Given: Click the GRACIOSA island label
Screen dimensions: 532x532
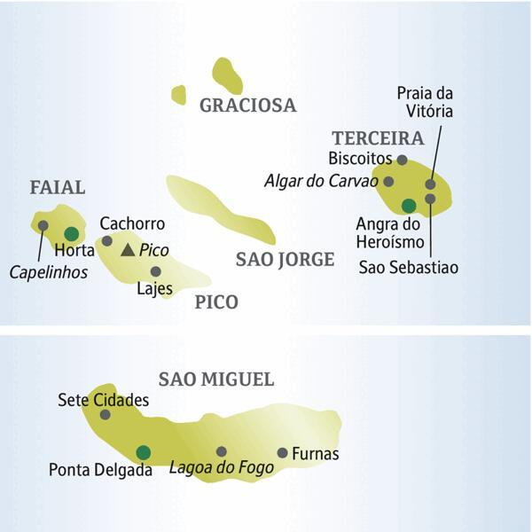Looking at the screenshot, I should coord(247,106).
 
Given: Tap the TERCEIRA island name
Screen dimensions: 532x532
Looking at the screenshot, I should coord(378,138).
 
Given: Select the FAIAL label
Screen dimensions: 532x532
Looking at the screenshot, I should coord(57,187).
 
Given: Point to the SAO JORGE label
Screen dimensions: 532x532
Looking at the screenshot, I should coord(285,259).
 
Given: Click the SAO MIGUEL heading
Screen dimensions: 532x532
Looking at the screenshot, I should coord(216,379).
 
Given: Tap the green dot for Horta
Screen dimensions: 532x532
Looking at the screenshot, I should coord(71,234).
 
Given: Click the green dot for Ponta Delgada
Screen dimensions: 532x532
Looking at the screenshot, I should coord(143,452).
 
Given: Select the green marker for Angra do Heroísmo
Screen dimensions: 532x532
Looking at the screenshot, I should coord(408,206).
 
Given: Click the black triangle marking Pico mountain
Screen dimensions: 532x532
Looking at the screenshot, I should coord(129,251).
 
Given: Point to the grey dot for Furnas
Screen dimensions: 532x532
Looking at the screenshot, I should coord(282,453).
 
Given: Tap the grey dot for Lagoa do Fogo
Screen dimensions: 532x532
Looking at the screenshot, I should coord(221,451).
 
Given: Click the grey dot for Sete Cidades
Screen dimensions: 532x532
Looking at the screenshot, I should coord(105,414).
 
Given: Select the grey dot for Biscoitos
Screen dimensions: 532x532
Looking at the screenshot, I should coord(402,160).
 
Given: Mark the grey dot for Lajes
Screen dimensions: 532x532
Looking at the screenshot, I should coord(155,271).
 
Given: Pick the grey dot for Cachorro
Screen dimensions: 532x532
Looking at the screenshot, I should coord(107,240).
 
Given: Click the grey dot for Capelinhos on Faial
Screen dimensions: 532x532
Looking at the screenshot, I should coord(43,225).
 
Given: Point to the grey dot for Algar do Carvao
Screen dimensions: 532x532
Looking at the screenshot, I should coord(388,182).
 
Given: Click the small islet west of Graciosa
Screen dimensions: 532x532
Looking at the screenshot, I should coord(179,95).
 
